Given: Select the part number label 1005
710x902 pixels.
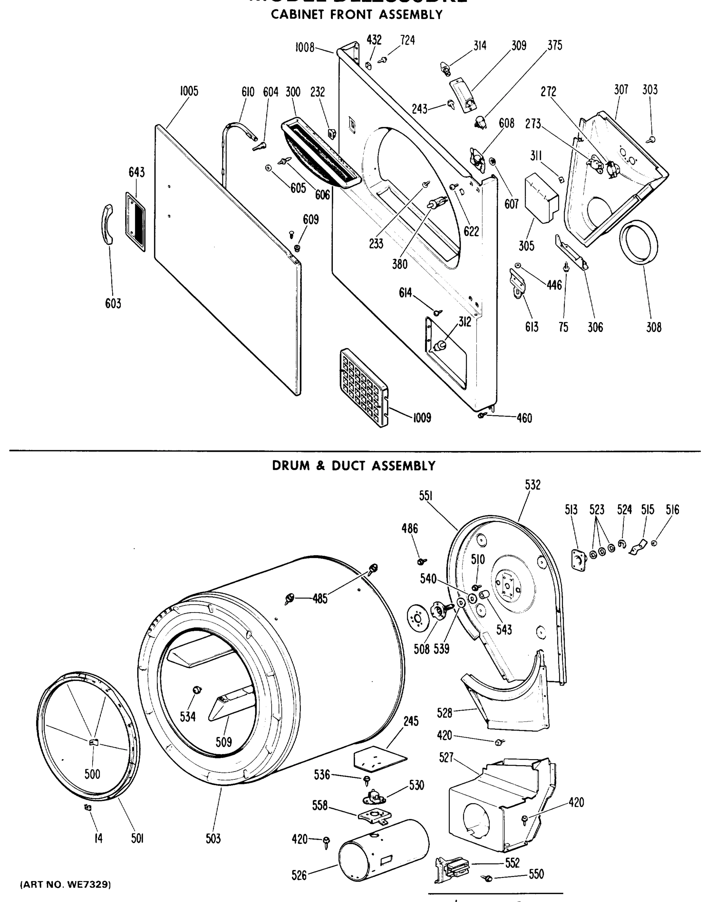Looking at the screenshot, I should (189, 91).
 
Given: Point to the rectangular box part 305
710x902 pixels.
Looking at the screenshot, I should (542, 198).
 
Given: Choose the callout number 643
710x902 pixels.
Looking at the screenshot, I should (137, 172).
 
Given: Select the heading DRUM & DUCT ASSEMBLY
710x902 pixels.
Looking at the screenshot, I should (354, 466).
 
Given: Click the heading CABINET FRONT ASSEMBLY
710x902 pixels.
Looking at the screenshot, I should (357, 15).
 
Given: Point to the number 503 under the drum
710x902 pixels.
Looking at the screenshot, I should (213, 839).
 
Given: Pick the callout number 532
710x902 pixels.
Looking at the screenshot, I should (532, 485).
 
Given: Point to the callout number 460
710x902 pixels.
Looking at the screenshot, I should (524, 418).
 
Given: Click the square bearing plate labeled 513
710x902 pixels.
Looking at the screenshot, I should (579, 560).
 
